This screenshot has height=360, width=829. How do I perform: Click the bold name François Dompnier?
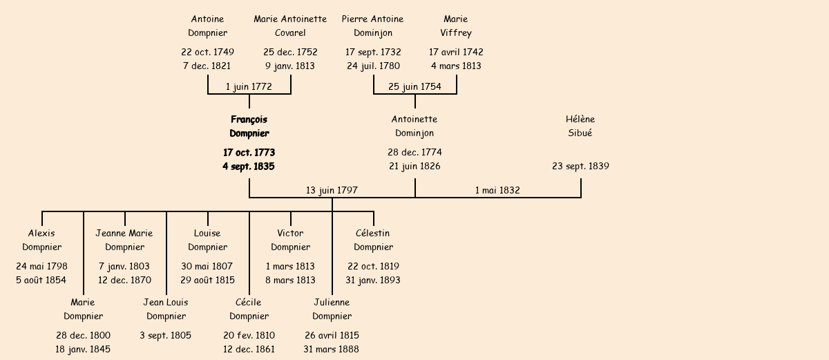click(249, 126)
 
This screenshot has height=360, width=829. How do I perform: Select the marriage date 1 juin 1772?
click(249, 87)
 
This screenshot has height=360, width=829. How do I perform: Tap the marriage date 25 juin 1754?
click(414, 87)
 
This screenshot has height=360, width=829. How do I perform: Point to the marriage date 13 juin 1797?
click(332, 190)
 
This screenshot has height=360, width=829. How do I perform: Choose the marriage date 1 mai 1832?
click(497, 190)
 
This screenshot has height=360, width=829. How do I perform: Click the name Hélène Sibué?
click(580, 126)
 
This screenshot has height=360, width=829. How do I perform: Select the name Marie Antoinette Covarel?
click(290, 26)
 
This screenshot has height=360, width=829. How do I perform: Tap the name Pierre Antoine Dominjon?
click(373, 26)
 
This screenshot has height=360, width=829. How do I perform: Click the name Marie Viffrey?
click(456, 26)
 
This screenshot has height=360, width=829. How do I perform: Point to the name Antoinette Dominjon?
click(414, 126)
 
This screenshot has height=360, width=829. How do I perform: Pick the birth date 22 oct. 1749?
click(207, 52)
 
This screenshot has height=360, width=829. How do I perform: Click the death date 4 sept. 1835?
click(249, 167)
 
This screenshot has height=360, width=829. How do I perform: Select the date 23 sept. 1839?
click(580, 167)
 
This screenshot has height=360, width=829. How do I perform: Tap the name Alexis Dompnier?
click(41, 240)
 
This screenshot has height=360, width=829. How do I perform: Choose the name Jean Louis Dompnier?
click(166, 309)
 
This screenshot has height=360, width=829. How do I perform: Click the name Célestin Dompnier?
click(373, 240)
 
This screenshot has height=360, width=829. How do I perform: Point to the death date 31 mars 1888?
click(331, 349)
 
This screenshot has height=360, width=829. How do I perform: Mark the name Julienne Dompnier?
click(332, 309)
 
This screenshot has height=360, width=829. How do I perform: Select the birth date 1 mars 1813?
click(290, 266)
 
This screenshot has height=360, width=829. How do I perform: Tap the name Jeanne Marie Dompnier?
click(124, 240)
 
